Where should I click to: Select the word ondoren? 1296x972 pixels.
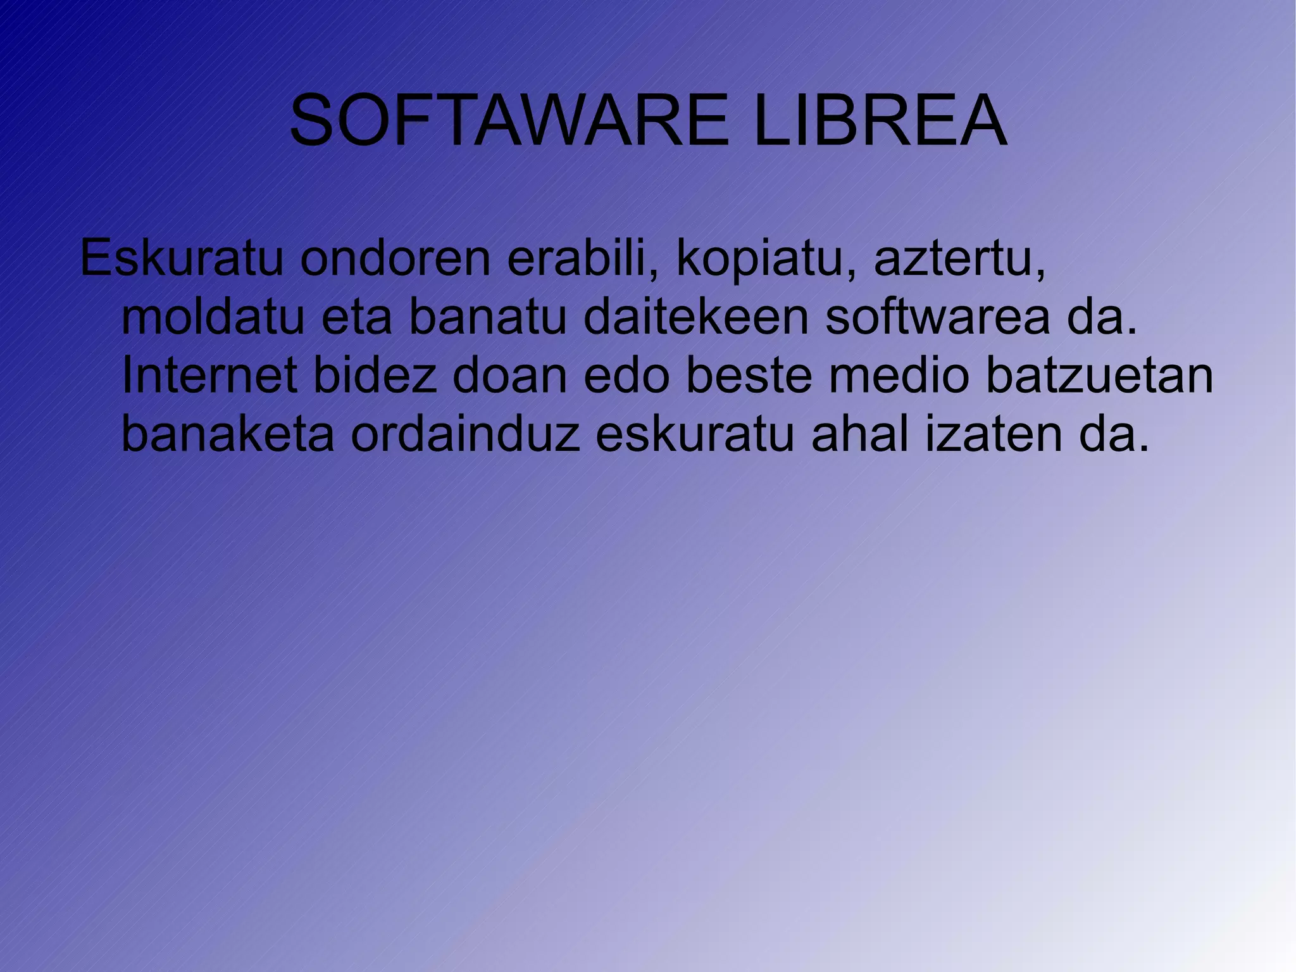[396, 259]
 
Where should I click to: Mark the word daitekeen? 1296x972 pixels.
[696, 318]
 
